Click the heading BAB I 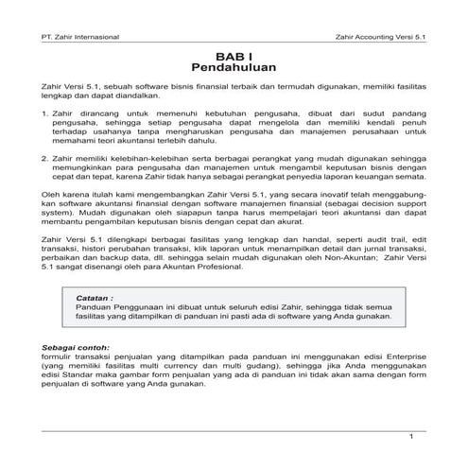(233, 57)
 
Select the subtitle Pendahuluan (233, 69)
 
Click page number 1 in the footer (411, 436)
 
